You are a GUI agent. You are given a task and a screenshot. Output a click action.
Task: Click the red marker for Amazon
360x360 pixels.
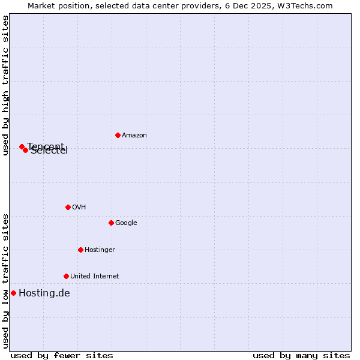tap(118, 135)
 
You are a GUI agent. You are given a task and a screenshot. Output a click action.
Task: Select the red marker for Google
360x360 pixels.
tap(111, 223)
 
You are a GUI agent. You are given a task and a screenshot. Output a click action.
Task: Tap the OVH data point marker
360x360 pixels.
tap(68, 207)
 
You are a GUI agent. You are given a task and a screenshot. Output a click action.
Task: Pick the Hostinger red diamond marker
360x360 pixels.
tap(80, 250)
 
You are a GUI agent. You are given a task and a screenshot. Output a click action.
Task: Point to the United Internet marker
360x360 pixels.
tap(66, 276)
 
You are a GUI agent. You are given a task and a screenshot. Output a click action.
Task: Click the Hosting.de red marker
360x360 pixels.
tap(13, 293)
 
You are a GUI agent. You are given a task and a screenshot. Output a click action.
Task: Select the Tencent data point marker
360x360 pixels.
tap(22, 146)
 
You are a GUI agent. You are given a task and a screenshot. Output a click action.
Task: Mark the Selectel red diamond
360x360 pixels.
tap(25, 150)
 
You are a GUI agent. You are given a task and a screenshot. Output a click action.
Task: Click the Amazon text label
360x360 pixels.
tap(134, 136)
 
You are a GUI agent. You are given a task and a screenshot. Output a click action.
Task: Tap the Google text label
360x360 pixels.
tap(126, 223)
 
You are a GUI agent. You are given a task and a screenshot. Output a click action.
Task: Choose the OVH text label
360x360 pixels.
tap(79, 208)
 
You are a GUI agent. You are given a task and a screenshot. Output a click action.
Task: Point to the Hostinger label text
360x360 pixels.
tap(100, 250)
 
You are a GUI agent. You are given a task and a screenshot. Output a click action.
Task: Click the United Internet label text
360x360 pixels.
tap(94, 277)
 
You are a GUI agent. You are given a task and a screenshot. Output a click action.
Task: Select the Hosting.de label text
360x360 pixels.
tap(44, 293)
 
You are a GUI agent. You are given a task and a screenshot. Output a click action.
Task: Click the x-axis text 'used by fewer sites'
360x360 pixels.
tap(62, 356)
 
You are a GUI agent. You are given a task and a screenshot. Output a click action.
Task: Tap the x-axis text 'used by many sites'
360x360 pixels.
tap(301, 356)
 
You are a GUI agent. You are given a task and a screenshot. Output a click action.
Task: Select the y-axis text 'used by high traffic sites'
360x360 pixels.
tap(5, 85)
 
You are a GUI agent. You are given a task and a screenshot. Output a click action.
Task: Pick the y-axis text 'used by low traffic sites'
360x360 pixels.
tap(5, 280)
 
